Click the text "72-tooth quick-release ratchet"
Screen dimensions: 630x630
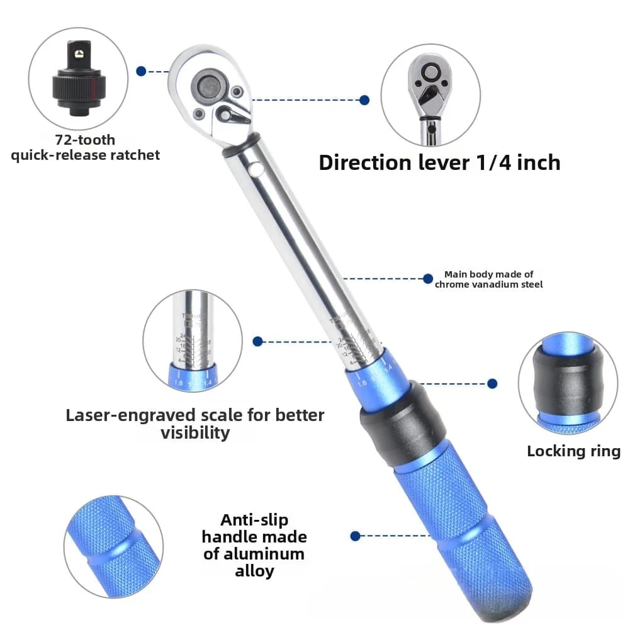85,147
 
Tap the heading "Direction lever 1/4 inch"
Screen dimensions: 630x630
439,162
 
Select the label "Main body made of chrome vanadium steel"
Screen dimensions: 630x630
488,279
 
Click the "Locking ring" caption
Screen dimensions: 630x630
573,451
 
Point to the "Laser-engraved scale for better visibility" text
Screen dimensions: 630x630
195,424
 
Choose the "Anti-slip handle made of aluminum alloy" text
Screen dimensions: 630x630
254,546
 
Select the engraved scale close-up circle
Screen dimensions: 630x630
193,340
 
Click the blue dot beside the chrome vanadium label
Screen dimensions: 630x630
428,278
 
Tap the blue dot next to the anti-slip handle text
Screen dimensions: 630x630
355,536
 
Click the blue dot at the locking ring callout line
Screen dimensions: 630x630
492,383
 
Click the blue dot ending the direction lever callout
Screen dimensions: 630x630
364,99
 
